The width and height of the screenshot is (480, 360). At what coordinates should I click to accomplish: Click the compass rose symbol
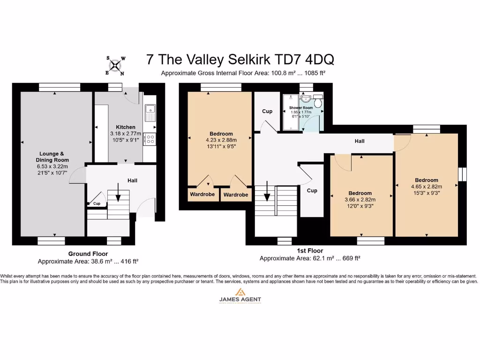tap(115, 66)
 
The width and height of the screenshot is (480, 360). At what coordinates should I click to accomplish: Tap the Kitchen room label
tap(126, 127)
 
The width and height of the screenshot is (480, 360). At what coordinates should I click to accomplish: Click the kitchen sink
tap(150, 113)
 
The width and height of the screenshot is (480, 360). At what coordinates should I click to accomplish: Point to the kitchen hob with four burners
tap(150, 139)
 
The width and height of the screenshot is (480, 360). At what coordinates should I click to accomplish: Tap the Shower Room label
tap(301, 108)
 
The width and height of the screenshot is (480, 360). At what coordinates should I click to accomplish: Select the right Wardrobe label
tap(235, 195)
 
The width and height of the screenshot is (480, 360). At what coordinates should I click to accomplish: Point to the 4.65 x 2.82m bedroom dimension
tap(426, 186)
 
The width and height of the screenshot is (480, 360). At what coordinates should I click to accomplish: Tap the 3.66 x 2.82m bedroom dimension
tap(360, 199)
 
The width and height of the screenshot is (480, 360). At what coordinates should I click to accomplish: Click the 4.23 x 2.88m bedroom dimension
tap(221, 140)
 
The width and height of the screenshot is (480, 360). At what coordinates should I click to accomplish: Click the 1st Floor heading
tap(309, 251)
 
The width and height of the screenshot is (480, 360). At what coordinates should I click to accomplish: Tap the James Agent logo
tap(240, 295)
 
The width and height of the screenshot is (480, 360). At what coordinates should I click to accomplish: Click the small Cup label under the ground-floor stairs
tap(97, 203)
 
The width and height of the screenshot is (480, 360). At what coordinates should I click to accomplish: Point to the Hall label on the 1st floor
tap(359, 141)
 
